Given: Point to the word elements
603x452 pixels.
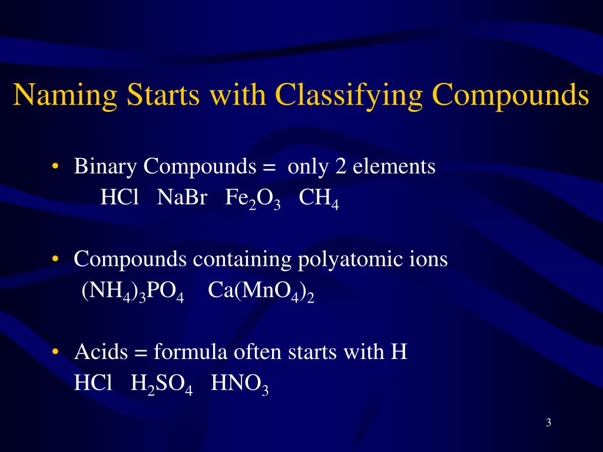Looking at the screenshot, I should tap(394, 167).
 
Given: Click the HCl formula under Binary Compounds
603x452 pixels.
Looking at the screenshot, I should tap(119, 198).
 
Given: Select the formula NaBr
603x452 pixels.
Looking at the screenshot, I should tap(182, 198).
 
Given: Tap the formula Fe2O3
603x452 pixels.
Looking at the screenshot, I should tap(253, 200).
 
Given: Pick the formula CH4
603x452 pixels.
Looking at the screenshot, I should tap(319, 200).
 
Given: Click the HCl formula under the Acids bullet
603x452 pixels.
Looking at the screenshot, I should tap(92, 384).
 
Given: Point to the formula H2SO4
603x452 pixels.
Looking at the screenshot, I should tap(162, 385).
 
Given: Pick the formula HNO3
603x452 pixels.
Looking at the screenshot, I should tap(240, 385).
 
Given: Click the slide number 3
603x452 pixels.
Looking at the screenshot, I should tap(548, 423).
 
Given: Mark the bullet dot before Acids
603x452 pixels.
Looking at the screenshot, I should tap(55, 353).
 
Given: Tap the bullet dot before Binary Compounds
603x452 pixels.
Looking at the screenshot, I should tap(55, 168).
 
